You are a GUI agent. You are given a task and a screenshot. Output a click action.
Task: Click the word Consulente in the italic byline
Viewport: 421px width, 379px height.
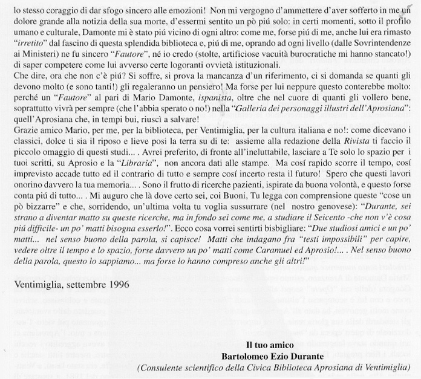pos(163,367)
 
